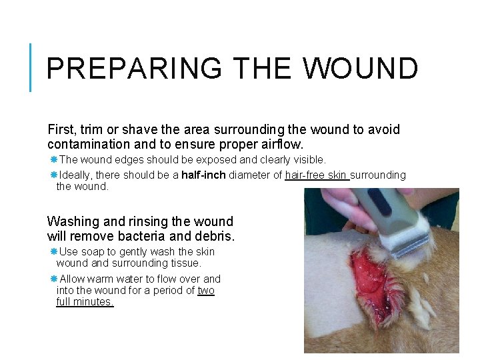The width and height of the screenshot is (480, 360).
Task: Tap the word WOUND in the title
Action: (361, 69)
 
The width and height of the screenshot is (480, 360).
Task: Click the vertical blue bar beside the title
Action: (31, 67)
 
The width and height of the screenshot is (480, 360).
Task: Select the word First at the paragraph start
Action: (60, 129)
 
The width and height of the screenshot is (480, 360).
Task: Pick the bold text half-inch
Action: (203, 175)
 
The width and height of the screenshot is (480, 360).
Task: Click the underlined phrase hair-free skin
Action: (316, 175)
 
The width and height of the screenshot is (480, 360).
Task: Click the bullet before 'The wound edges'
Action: (53, 160)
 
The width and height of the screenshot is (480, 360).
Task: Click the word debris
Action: (216, 236)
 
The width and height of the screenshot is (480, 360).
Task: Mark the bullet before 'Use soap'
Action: (53, 252)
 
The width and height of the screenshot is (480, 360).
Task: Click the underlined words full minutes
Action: (85, 302)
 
